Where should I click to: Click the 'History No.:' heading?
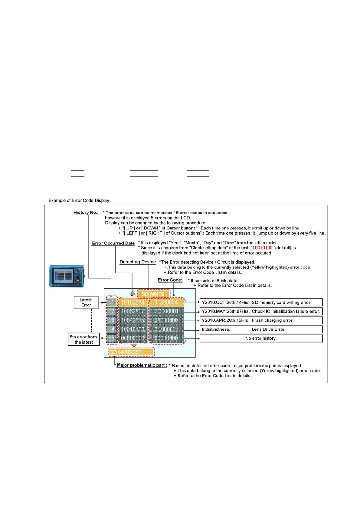pyautogui.click(x=86, y=212)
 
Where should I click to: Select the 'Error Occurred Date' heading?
pyautogui.click(x=113, y=243)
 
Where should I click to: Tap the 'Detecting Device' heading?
pyautogui.click(x=138, y=262)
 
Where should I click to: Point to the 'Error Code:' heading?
pyautogui.click(x=170, y=280)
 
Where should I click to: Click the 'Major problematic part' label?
pyautogui.click(x=141, y=365)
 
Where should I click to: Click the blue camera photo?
pyautogui.click(x=67, y=276)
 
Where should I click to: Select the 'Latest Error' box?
pyautogui.click(x=86, y=303)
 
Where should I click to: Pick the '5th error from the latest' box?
pyautogui.click(x=83, y=339)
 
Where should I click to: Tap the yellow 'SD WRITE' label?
pyautogui.click(x=153, y=294)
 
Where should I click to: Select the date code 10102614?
pyautogui.click(x=133, y=303)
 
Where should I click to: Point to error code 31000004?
pyautogui.click(x=166, y=303)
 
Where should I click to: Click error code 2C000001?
pyautogui.click(x=166, y=311)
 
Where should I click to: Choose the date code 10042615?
pyautogui.click(x=133, y=320)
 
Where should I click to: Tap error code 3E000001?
pyautogui.click(x=166, y=329)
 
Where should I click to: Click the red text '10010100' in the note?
pyautogui.click(x=262, y=248)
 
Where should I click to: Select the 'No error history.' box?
pyautogui.click(x=261, y=339)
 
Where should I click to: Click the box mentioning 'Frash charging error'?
pyautogui.click(x=261, y=320)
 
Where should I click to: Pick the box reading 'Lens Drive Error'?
pyautogui.click(x=261, y=329)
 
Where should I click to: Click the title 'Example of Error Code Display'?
pyautogui.click(x=79, y=201)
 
